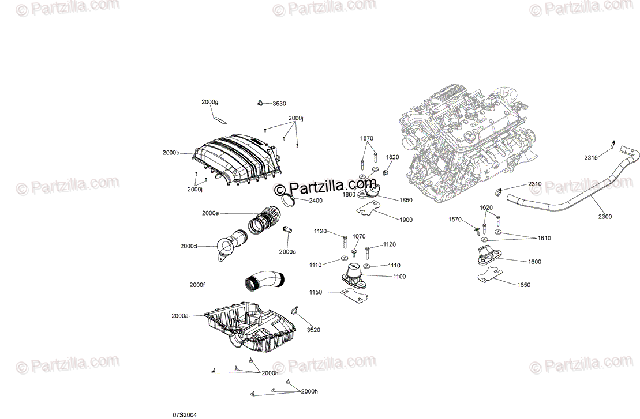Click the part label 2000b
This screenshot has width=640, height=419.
coord(171,153)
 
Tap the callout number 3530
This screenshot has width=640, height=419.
coord(279,104)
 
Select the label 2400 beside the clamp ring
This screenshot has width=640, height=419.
coord(316,201)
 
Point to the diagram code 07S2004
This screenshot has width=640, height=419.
coord(185,414)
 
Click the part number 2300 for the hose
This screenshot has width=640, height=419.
coord(605,217)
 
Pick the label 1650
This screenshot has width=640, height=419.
coord(523,285)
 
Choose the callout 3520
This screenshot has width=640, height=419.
coord(313,330)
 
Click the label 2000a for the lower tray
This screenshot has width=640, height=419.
coord(179,316)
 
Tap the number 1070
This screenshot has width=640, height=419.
coord(359,236)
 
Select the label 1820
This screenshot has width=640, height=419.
coord(392,157)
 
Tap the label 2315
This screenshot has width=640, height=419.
coord(591,158)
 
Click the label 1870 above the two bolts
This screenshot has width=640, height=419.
coord(367,138)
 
